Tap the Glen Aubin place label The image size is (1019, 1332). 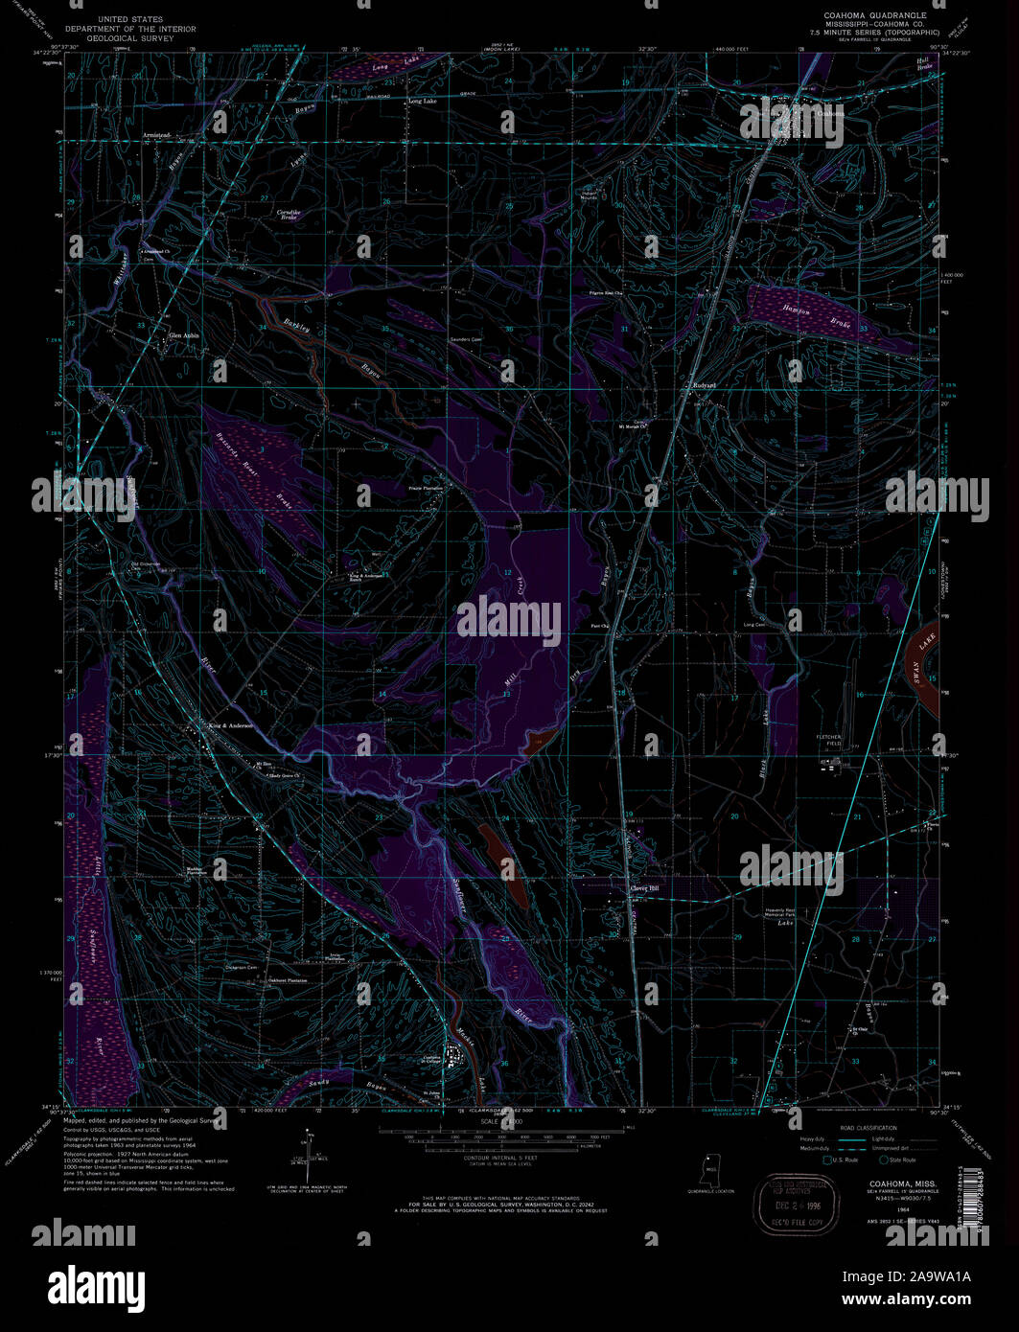[x=184, y=335]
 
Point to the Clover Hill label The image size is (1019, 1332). [x=644, y=888]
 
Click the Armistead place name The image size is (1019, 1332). [x=157, y=135]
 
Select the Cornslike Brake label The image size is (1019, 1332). [x=288, y=214]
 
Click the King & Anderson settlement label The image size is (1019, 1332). [x=230, y=725]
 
